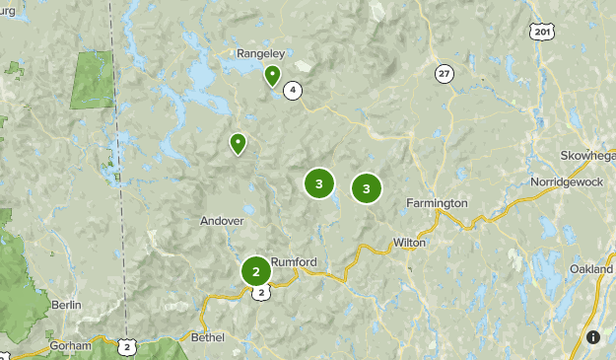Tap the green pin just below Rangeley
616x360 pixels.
click(x=272, y=75)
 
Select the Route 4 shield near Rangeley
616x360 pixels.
click(x=292, y=91)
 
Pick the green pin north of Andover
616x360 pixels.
click(x=238, y=144)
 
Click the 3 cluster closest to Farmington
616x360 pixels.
click(x=367, y=187)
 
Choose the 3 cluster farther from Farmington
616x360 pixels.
click(x=318, y=183)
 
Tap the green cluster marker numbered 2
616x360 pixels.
click(x=256, y=270)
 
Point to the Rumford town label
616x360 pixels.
click(x=296, y=261)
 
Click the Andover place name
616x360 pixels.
click(x=222, y=221)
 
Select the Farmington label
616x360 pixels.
click(x=437, y=203)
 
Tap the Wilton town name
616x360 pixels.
click(x=408, y=242)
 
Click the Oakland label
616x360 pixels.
click(x=590, y=269)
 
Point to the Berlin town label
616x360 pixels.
click(x=66, y=306)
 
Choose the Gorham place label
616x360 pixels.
click(x=71, y=346)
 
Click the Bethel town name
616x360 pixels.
click(x=208, y=337)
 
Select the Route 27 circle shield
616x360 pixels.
click(x=445, y=73)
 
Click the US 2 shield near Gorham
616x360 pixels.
click(x=125, y=346)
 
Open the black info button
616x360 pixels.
click(x=593, y=337)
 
